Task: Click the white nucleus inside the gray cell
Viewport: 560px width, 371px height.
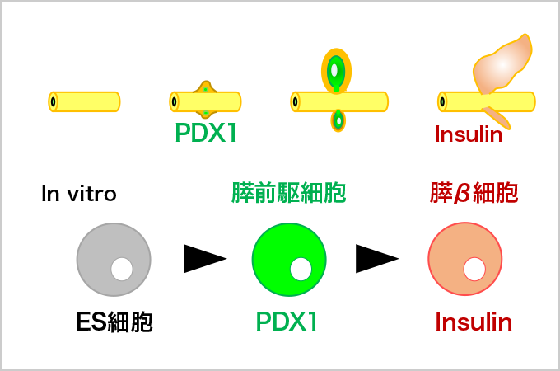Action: click(122, 269)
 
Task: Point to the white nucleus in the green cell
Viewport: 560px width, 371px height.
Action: click(301, 269)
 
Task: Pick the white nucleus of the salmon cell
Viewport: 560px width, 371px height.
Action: click(474, 269)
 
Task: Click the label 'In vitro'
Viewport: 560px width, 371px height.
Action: click(79, 195)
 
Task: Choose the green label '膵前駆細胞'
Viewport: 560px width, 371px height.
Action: click(288, 195)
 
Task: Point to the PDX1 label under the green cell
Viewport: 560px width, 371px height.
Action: click(287, 322)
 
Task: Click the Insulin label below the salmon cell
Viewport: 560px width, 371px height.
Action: click(474, 322)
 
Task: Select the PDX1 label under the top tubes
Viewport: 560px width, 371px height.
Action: click(206, 134)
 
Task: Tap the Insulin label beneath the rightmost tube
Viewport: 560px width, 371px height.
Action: click(468, 134)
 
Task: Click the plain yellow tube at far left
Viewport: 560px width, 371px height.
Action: click(84, 101)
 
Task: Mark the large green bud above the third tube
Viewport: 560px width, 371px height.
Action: click(335, 71)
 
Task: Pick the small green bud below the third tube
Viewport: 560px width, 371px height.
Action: click(338, 121)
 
